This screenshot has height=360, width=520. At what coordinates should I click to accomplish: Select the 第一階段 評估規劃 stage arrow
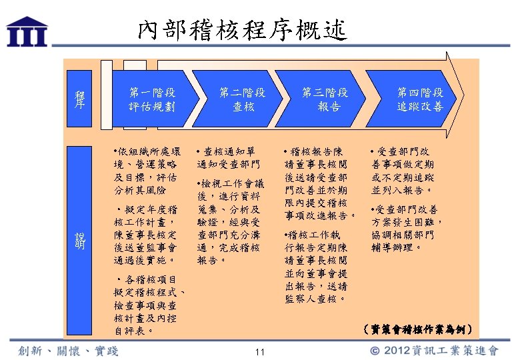coord(153,99)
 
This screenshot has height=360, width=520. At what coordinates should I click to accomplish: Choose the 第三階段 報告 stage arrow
coord(327,99)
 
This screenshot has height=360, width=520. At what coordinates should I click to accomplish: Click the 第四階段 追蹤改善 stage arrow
coord(420,99)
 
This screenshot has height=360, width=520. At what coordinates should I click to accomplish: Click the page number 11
coord(260,352)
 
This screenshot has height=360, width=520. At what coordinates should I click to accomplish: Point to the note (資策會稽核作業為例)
coord(419,329)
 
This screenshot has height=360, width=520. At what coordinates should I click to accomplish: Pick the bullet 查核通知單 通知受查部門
coord(229,157)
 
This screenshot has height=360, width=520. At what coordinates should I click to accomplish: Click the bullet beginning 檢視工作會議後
coord(229,222)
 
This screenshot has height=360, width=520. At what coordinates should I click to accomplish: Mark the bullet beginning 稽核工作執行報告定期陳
coord(315,267)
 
